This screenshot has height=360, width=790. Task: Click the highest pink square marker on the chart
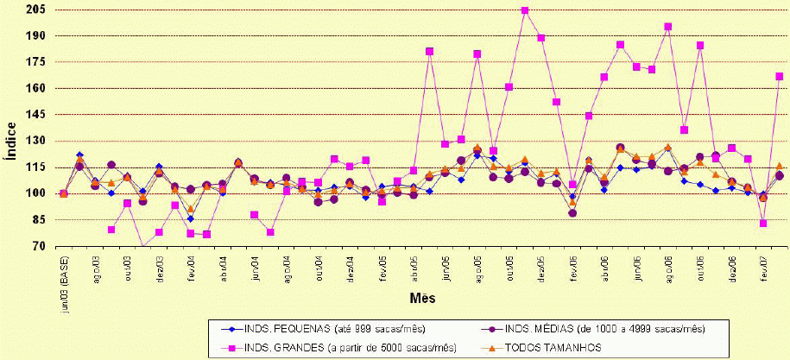click(525, 10)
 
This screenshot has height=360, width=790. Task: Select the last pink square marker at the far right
click(780, 77)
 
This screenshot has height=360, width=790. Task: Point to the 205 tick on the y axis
click(38, 10)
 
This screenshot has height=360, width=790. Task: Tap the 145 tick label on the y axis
click(38, 115)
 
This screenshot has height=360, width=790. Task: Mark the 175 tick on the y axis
click(38, 62)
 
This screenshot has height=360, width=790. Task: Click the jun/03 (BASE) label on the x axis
click(65, 275)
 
